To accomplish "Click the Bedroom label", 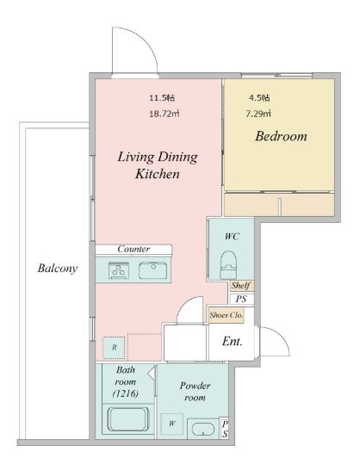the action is [x=281, y=136].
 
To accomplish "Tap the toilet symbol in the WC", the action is [x=229, y=265].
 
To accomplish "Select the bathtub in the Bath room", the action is [x=127, y=419].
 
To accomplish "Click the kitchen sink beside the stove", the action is [x=152, y=270].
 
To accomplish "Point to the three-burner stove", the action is [x=119, y=270].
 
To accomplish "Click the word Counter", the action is [x=133, y=249].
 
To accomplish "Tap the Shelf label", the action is [x=241, y=286].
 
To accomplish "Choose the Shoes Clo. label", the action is [x=227, y=315].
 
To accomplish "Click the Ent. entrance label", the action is [x=233, y=342].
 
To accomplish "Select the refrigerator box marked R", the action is [x=114, y=348].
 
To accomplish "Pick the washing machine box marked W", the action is [x=172, y=424].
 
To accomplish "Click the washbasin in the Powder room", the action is [x=202, y=429].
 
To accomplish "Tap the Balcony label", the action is [x=58, y=269].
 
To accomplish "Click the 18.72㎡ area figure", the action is [x=164, y=114].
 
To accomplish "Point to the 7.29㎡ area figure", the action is [x=258, y=114].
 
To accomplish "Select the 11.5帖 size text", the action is [x=162, y=97].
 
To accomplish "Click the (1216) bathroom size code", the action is [x=126, y=393].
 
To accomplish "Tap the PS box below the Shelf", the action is [x=241, y=300].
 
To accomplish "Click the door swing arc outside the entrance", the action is [x=279, y=337].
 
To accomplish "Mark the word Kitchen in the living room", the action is [x=158, y=174].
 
